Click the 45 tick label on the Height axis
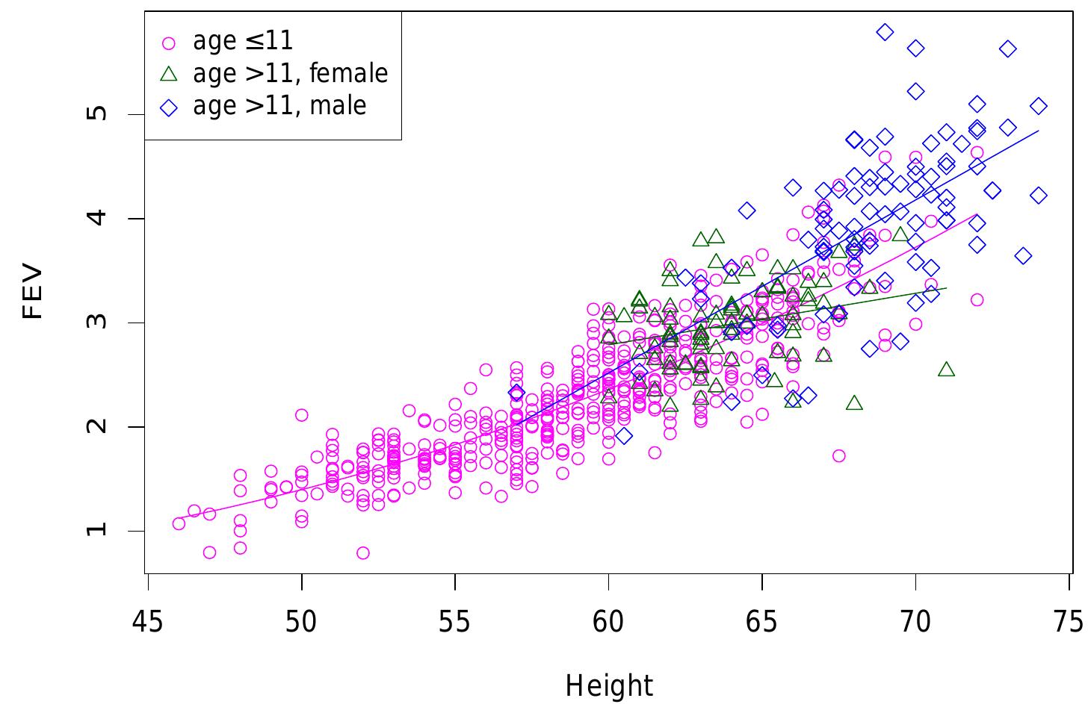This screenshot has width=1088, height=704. point(148,621)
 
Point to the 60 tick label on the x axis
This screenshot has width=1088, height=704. point(608,621)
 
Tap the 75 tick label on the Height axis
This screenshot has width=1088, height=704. point(1069,621)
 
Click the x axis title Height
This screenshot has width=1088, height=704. point(609,685)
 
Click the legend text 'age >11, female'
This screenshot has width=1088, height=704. point(290,73)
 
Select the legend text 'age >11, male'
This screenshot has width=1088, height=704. point(279,105)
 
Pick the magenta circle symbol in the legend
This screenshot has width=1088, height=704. point(169,43)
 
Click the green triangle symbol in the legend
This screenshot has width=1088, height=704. point(169,73)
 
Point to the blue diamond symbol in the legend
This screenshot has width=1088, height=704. point(169,107)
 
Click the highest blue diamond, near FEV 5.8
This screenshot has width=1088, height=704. point(885,31)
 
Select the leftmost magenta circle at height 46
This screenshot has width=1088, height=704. point(179,523)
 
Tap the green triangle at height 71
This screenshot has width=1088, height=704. point(946,370)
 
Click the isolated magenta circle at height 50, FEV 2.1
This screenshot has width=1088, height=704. point(301,415)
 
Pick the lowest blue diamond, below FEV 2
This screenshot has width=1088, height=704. point(624,435)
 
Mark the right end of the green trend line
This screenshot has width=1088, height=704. point(946,287)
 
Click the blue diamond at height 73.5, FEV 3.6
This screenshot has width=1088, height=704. point(1023,256)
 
